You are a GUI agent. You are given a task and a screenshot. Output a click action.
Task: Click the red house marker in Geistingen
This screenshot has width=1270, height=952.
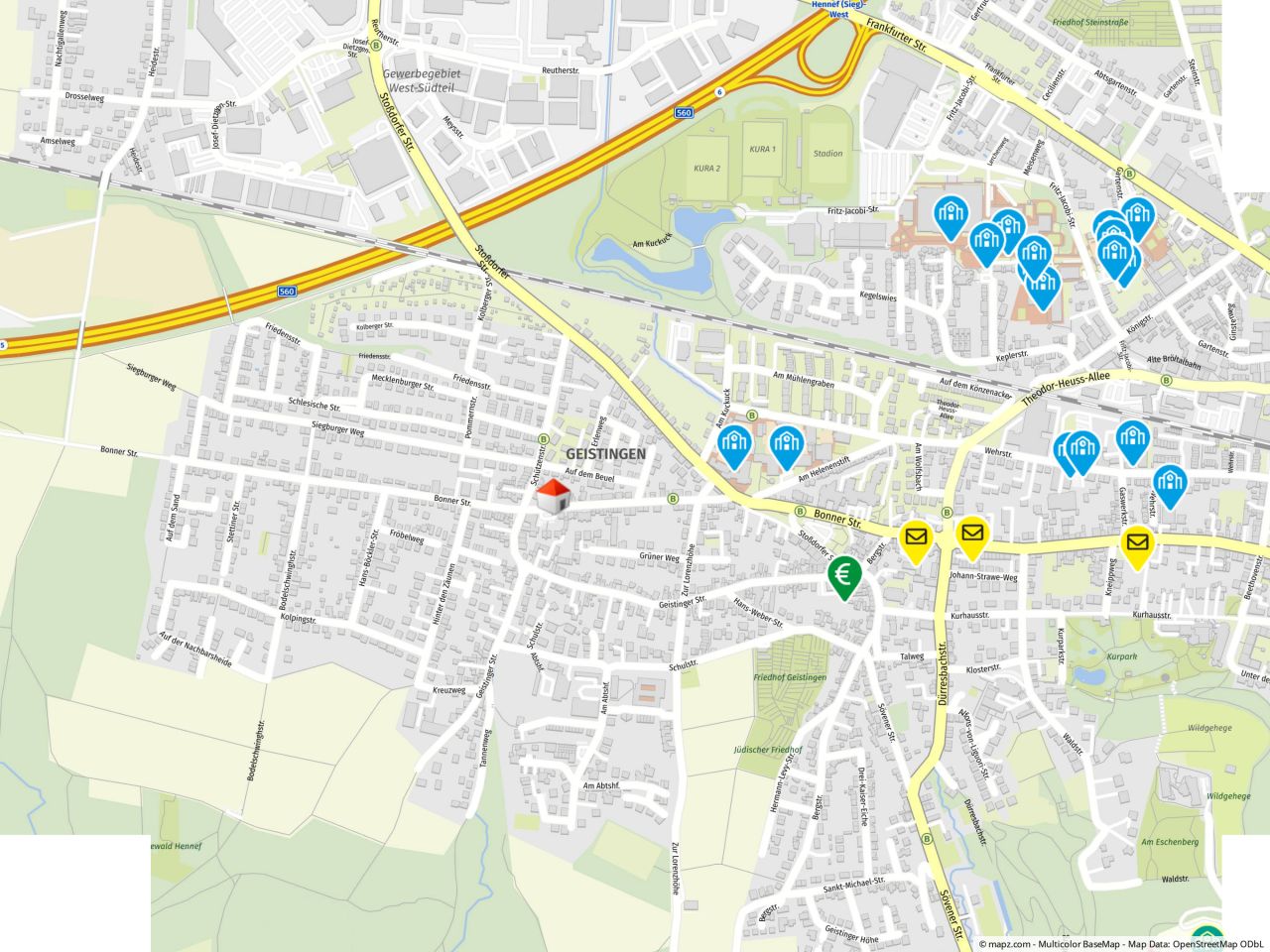coord(554,497)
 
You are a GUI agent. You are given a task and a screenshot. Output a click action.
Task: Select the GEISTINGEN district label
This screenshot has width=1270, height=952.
coord(605,454)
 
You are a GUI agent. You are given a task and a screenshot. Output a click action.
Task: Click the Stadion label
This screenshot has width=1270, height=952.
coord(826,154)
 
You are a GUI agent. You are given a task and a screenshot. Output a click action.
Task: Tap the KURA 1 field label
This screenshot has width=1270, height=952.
coord(762,149)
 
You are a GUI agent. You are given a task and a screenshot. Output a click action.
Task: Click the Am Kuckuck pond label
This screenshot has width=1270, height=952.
coord(652,243)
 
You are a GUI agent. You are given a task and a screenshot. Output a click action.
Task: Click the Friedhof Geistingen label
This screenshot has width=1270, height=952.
coord(790,677)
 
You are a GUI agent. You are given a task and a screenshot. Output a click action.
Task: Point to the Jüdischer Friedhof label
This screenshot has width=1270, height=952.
coord(766,750)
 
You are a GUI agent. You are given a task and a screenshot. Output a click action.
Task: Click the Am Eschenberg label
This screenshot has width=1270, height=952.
coord(1170,842)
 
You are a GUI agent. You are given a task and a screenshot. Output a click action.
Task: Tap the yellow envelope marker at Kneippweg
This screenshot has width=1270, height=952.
coord(1137,544)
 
